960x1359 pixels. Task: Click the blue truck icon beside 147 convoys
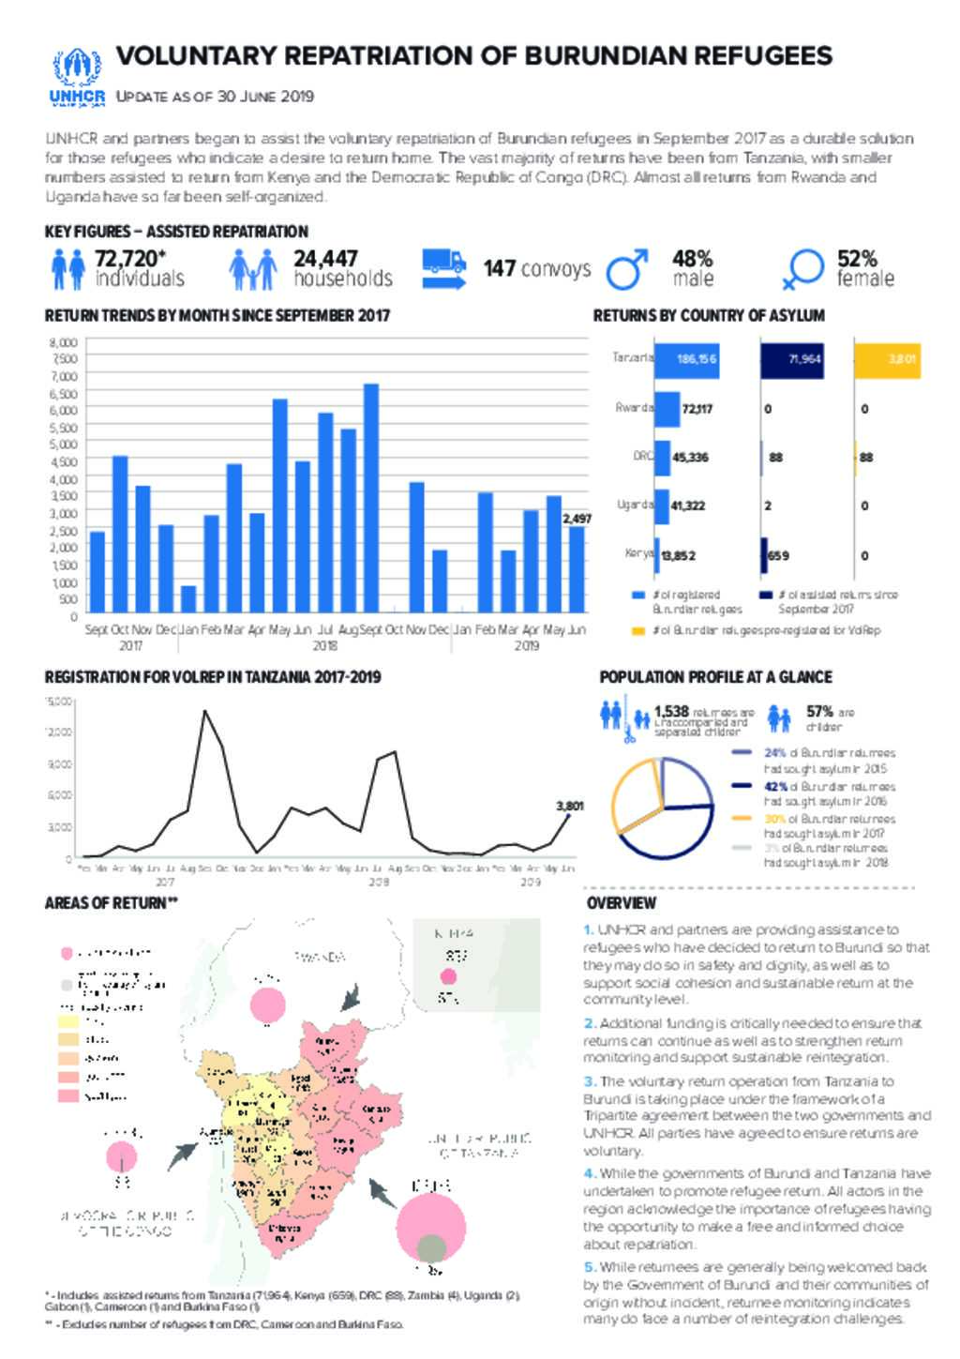click(x=443, y=268)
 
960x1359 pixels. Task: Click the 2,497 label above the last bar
click(x=577, y=518)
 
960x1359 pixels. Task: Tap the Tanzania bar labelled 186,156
click(x=686, y=359)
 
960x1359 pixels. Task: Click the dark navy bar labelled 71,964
click(x=791, y=359)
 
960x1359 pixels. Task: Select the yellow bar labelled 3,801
click(x=887, y=359)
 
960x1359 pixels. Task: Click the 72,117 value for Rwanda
click(x=697, y=409)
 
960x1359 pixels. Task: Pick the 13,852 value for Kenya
click(x=678, y=555)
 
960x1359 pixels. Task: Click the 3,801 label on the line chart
click(x=570, y=805)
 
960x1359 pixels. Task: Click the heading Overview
click(x=621, y=903)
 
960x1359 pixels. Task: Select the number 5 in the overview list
click(x=588, y=1267)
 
